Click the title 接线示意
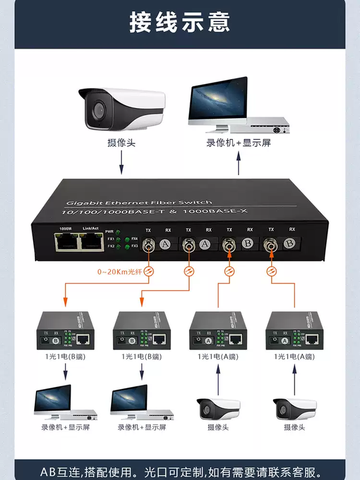pos(179,22)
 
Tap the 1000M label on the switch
pos(65,229)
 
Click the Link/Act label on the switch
pos(90,229)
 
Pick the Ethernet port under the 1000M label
pos(65,241)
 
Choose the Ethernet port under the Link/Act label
pos(89,241)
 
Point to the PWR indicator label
pos(109,231)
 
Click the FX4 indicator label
pos(134,239)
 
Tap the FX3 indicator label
pos(134,246)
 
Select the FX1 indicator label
pos(110,239)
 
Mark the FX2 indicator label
pos(110,246)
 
